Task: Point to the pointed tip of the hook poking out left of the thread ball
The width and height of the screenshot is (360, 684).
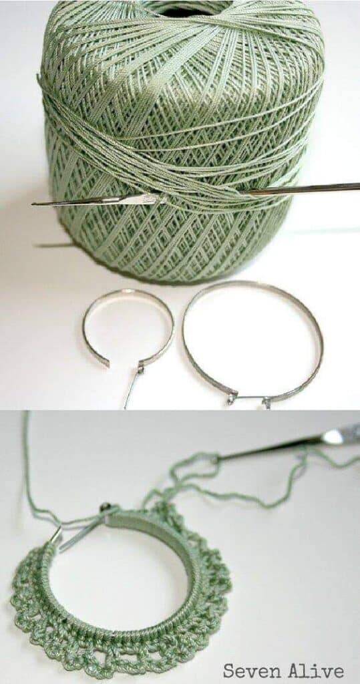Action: (33, 203)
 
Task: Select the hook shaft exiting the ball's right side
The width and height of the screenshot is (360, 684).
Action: (301, 188)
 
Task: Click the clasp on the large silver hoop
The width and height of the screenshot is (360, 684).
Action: (248, 399)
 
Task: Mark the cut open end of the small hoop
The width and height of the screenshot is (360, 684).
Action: (104, 363)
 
